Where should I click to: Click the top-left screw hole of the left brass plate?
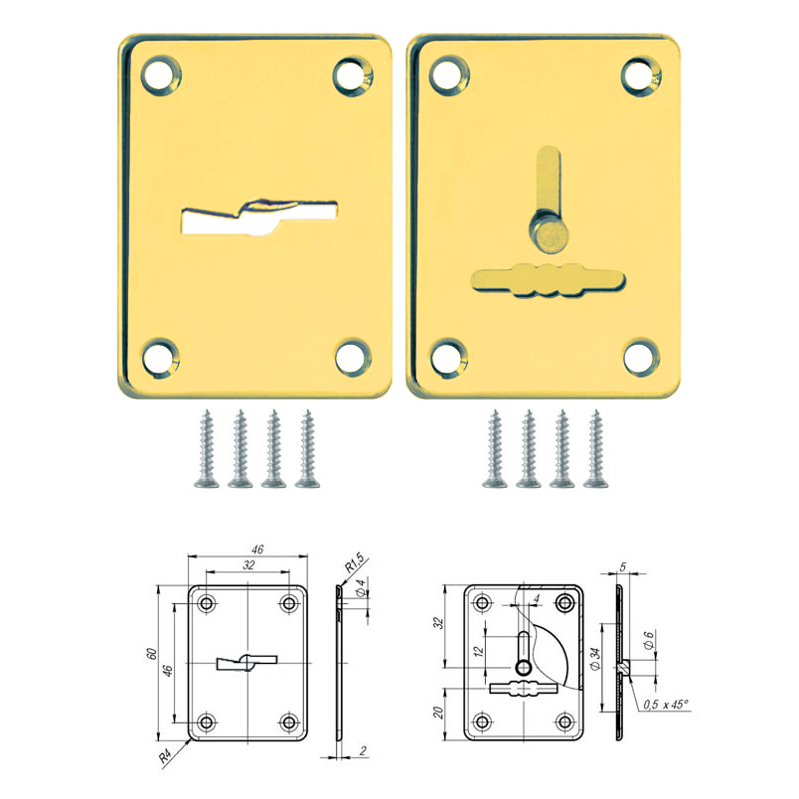click(161, 75)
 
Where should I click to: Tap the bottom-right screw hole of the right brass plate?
click(642, 357)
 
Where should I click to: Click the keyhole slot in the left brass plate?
click(259, 218)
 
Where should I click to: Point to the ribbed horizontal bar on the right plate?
click(549, 280)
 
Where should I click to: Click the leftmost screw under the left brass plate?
click(207, 448)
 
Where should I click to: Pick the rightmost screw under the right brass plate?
click(595, 448)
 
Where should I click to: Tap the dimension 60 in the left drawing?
click(151, 654)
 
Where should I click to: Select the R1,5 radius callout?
click(355, 562)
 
